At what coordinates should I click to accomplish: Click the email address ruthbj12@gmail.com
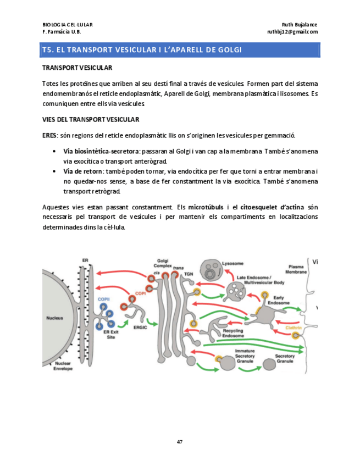coord(292,32)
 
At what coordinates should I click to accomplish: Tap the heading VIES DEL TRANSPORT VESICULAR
coord(90,119)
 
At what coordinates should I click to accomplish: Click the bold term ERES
coord(49,135)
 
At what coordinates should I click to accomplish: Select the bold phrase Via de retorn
coord(84,171)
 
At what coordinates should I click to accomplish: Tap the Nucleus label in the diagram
coord(54,317)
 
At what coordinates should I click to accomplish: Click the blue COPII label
coord(103,299)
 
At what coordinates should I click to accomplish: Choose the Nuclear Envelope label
coord(62,365)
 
